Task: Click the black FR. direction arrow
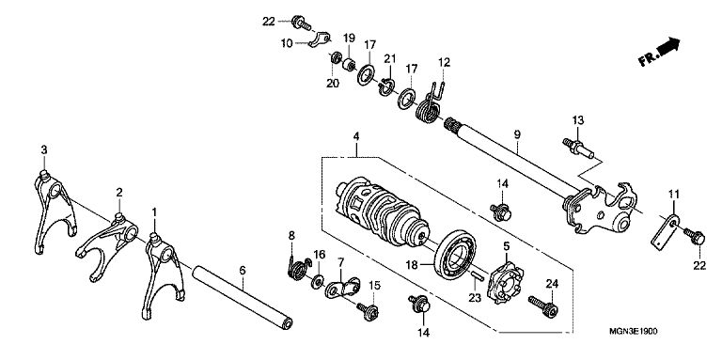(667, 46)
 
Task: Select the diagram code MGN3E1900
(633, 332)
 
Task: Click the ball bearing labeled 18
(455, 255)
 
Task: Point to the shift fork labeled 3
(55, 211)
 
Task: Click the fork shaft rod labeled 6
(243, 297)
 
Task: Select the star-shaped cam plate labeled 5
(507, 282)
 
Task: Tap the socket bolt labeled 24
(543, 306)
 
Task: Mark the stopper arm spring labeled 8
(297, 267)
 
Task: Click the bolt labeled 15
(369, 312)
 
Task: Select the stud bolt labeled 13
(578, 149)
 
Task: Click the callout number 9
(517, 135)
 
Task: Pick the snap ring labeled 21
(385, 86)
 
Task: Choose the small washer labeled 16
(317, 281)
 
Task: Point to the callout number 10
(287, 43)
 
